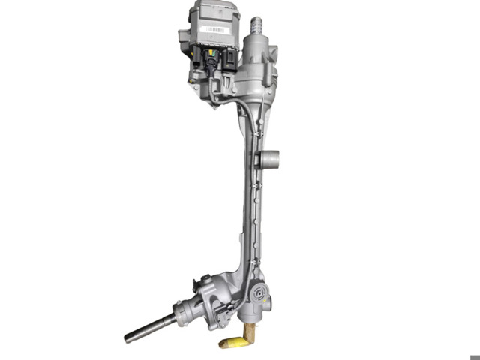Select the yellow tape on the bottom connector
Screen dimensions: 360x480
pyautogui.click(x=234, y=342)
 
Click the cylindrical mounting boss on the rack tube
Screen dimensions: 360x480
pyautogui.click(x=268, y=159)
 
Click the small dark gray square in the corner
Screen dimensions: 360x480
pyautogui.click(x=474, y=356)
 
